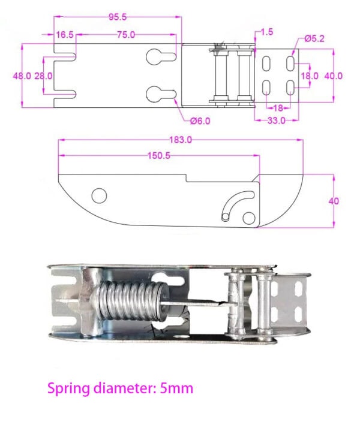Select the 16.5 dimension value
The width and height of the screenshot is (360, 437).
tap(65, 35)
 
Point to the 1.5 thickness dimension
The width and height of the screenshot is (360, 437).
tap(266, 32)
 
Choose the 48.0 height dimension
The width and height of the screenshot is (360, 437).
tap(23, 76)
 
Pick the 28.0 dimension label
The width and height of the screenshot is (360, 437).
tap(43, 76)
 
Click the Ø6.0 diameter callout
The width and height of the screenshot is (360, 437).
tap(200, 120)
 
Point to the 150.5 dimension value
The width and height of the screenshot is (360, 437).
tap(160, 155)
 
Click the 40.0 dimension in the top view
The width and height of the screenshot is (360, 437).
tap(333, 76)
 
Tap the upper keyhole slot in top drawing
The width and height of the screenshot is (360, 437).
tap(160, 58)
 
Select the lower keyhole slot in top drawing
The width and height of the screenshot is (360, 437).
tap(160, 94)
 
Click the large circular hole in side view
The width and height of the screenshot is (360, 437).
tap(98, 195)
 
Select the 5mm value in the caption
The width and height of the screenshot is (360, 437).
tap(176, 388)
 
